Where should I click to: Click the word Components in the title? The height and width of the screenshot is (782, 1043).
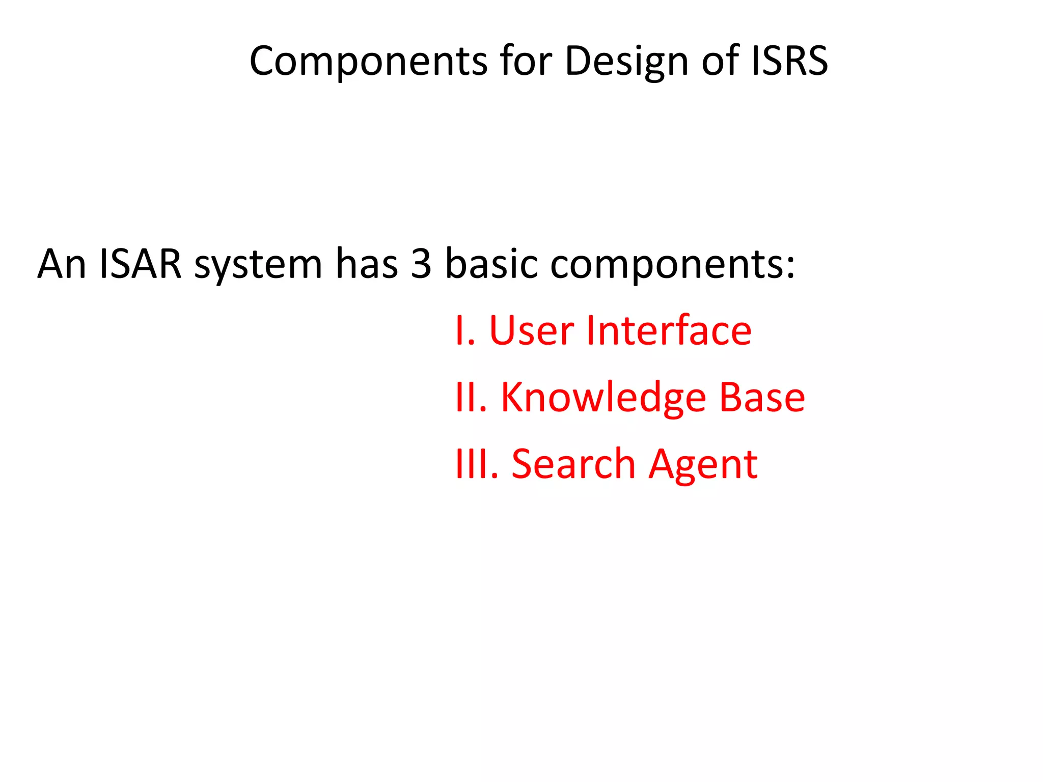(x=368, y=62)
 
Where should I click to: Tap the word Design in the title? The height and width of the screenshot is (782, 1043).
(x=625, y=62)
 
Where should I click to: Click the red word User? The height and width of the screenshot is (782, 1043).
(x=532, y=331)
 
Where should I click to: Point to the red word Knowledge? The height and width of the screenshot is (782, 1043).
(x=603, y=399)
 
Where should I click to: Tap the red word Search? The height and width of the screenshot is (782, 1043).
(x=573, y=464)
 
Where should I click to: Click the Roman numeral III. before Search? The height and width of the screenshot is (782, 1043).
(x=477, y=464)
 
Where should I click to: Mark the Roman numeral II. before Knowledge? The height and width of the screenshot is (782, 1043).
(x=471, y=398)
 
